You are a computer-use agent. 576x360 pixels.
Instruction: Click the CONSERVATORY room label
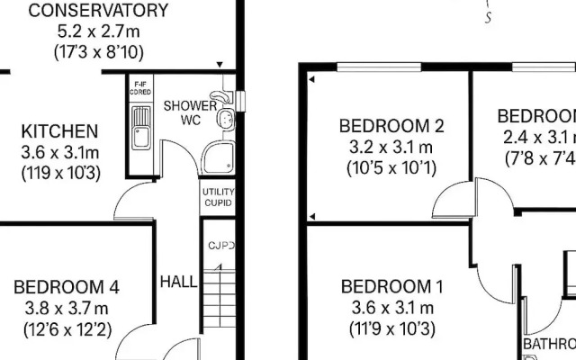point(85,11)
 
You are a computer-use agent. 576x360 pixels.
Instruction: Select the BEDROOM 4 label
point(67,288)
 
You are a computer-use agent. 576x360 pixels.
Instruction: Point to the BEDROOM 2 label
point(391,125)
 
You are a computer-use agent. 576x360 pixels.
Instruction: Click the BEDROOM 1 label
point(391,288)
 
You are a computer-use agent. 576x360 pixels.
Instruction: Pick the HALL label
point(178,282)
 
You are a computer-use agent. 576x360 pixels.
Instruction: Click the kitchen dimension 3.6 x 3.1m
point(60,151)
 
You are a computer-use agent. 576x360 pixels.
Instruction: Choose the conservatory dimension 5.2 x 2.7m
point(85,31)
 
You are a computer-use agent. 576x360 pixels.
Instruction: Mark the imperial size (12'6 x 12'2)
point(67,329)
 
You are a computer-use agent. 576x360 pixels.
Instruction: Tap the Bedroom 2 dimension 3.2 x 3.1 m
point(391,146)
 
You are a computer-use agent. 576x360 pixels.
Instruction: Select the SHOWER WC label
point(189,112)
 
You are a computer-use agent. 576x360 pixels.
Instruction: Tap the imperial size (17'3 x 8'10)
point(85,52)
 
